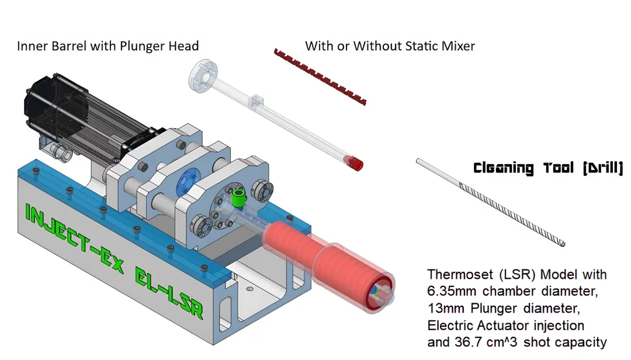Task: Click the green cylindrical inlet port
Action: point(238,198)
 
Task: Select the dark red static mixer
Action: point(320,77)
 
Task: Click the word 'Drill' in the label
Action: point(603,168)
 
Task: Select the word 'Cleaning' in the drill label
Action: point(504,168)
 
